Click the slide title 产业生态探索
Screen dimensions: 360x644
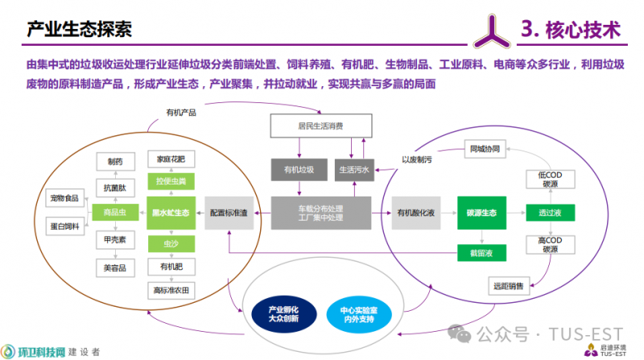tap(79, 30)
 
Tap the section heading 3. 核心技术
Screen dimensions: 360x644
tap(571, 30)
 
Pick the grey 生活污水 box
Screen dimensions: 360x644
tap(354, 170)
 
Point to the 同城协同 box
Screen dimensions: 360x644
tap(485, 148)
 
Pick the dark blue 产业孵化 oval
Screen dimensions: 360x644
tap(277, 312)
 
